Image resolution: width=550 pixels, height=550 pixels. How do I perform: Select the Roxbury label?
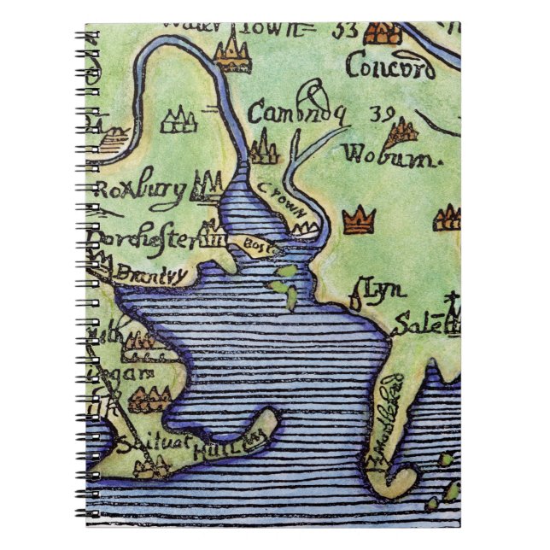(140, 190)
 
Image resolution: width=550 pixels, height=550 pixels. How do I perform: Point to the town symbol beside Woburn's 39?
(401, 132)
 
